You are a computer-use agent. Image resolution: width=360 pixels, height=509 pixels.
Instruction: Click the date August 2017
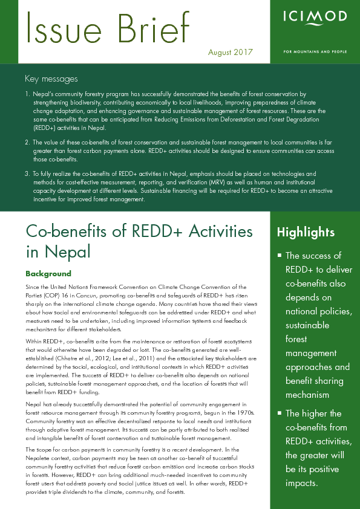click(x=230, y=52)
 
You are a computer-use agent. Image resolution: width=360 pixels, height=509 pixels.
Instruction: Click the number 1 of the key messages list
click(x=27, y=95)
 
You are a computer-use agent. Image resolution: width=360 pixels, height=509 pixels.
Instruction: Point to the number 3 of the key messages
click(x=27, y=173)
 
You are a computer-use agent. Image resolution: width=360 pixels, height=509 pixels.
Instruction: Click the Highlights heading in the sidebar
click(x=306, y=232)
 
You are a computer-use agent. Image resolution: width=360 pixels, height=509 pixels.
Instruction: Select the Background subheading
click(x=48, y=273)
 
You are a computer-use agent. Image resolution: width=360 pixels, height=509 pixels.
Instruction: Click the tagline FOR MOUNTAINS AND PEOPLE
click(x=315, y=51)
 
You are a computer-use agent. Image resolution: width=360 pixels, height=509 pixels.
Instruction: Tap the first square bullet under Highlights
click(x=279, y=256)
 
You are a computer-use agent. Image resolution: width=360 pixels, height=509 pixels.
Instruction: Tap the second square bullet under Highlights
click(x=279, y=414)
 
